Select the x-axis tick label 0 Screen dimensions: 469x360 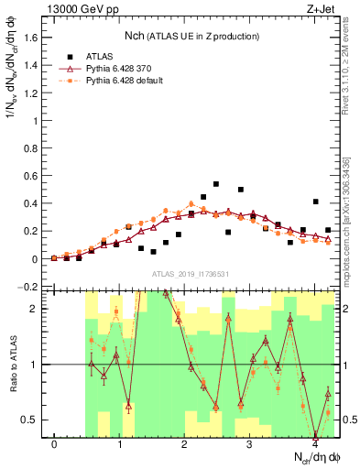55,444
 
